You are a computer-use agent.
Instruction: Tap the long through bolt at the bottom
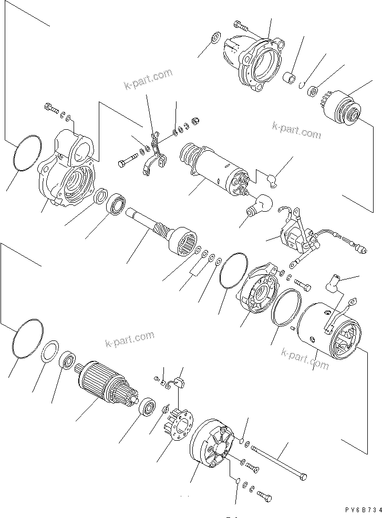click(278, 461)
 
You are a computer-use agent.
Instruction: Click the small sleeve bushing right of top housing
click(289, 79)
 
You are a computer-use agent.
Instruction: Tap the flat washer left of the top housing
click(214, 39)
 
